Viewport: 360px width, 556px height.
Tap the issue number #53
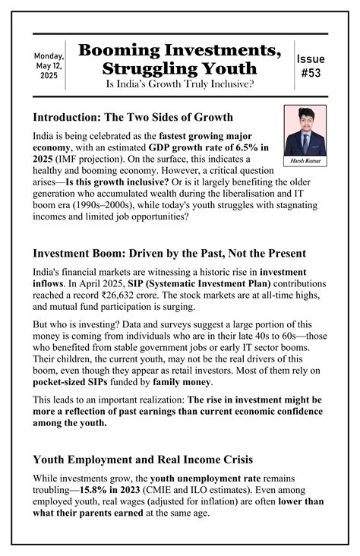point(311,66)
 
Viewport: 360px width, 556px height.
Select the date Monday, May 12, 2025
point(49,66)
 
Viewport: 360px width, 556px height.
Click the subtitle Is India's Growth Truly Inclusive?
point(179,84)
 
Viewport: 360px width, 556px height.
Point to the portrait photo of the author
point(305,130)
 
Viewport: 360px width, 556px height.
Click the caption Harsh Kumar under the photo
point(305,161)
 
